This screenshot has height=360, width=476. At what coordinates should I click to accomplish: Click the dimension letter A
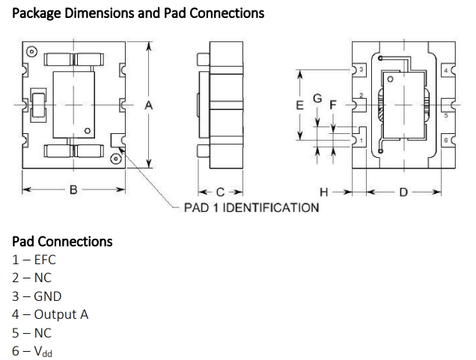coord(149,106)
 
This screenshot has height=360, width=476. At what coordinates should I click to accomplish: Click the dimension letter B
coord(73,191)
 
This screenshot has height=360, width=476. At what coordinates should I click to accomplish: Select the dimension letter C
coord(220,191)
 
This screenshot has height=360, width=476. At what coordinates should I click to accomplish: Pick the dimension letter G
coord(317,99)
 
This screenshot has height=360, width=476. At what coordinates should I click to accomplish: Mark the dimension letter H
coord(324,192)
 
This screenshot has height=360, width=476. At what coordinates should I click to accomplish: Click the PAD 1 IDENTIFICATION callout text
coord(251,207)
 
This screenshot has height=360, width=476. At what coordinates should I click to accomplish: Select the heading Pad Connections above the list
coord(62,242)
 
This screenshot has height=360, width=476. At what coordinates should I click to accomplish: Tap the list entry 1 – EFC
coord(34,260)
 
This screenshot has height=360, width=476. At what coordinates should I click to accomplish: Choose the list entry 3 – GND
coord(37,296)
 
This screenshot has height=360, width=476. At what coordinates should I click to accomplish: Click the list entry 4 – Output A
coord(50,314)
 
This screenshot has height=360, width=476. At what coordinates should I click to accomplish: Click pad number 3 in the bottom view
coord(361,70)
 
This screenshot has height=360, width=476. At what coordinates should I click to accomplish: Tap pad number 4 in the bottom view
coord(446,70)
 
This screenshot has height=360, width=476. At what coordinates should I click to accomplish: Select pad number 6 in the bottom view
coord(446,141)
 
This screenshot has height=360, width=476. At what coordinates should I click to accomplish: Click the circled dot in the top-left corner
coord(31,52)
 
